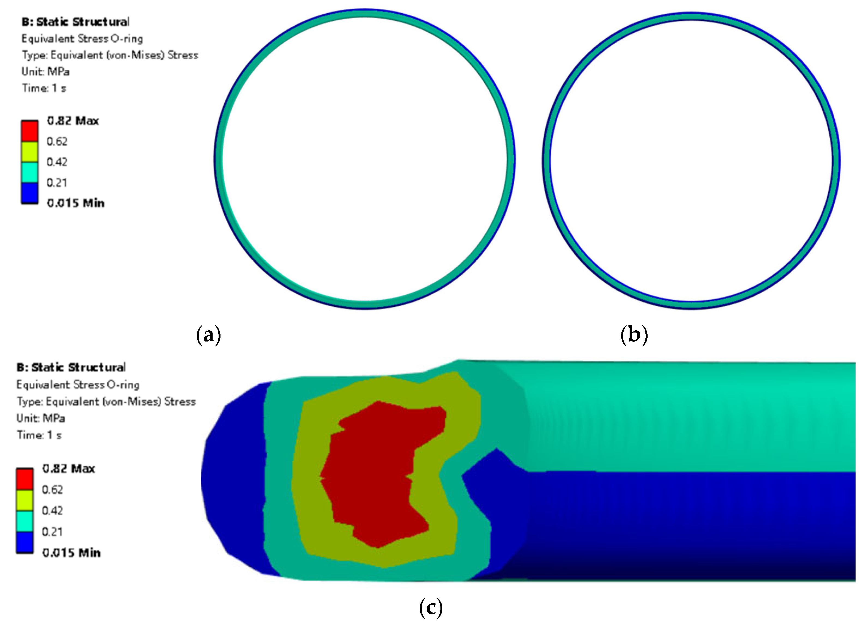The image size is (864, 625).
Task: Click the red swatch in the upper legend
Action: click(29, 131)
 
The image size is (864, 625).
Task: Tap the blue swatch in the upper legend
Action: click(29, 193)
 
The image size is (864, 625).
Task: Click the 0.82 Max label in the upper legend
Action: click(73, 121)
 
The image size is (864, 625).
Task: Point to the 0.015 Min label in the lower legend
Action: click(71, 553)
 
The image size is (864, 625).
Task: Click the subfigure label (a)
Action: click(209, 335)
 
